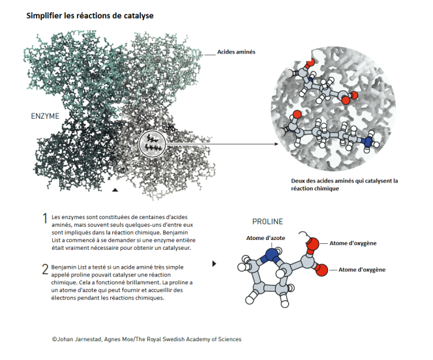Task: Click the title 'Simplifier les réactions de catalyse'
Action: pos(90,16)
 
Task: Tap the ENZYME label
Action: pos(45,116)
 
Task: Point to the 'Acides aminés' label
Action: pos(236,52)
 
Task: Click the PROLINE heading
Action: pos(267,222)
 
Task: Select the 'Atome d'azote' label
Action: pos(265,238)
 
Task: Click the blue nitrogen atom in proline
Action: pos(272,254)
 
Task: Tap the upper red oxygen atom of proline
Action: pos(312,244)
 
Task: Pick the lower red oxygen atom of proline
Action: pos(321,269)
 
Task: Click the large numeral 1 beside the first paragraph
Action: pos(45,218)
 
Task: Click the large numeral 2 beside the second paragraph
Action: pos(45,269)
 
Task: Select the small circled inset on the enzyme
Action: pos(152,144)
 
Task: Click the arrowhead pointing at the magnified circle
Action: pos(276,144)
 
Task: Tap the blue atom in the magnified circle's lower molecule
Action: pos(368,142)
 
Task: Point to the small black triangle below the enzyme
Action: pos(115,190)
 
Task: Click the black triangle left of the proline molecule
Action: pos(214,263)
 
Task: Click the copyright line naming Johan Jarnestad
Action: pos(147,339)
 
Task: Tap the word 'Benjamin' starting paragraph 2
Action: pos(64,267)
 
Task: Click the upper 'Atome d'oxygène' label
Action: pos(353,243)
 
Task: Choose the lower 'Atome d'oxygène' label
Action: pos(362,270)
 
